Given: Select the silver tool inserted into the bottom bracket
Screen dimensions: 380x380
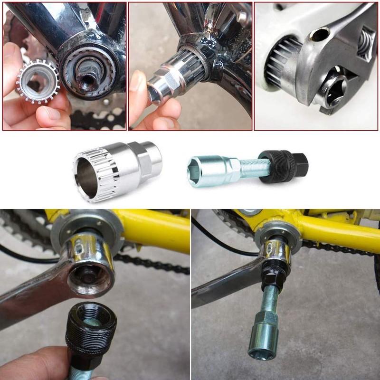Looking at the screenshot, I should [173, 78].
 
